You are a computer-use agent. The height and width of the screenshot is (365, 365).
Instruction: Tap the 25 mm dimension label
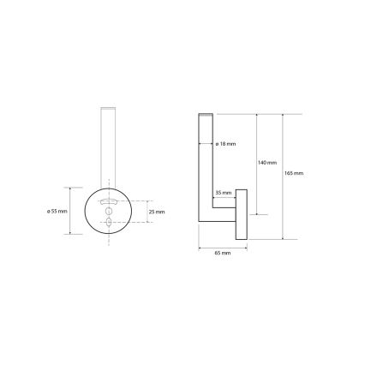(x=156, y=211)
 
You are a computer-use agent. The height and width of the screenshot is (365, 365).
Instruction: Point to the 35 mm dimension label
(x=223, y=194)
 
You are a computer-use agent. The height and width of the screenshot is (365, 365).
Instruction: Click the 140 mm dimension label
(x=267, y=163)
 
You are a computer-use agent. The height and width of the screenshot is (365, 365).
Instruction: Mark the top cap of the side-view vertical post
(x=205, y=115)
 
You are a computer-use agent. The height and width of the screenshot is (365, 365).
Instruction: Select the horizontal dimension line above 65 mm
(x=223, y=249)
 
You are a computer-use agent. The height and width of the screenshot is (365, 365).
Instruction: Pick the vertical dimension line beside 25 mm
(x=147, y=211)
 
